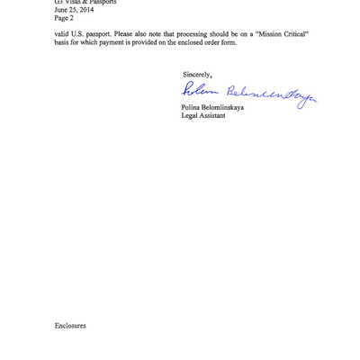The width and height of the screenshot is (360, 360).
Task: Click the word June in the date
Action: tap(61, 10)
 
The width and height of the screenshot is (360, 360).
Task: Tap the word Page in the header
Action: tap(61, 17)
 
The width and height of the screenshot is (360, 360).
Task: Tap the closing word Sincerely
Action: tap(196, 74)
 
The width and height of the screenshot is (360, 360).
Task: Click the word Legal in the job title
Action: tap(190, 115)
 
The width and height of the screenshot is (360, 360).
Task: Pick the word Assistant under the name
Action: tap(213, 115)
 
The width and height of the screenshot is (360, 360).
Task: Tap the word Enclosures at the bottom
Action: tap(70, 325)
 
